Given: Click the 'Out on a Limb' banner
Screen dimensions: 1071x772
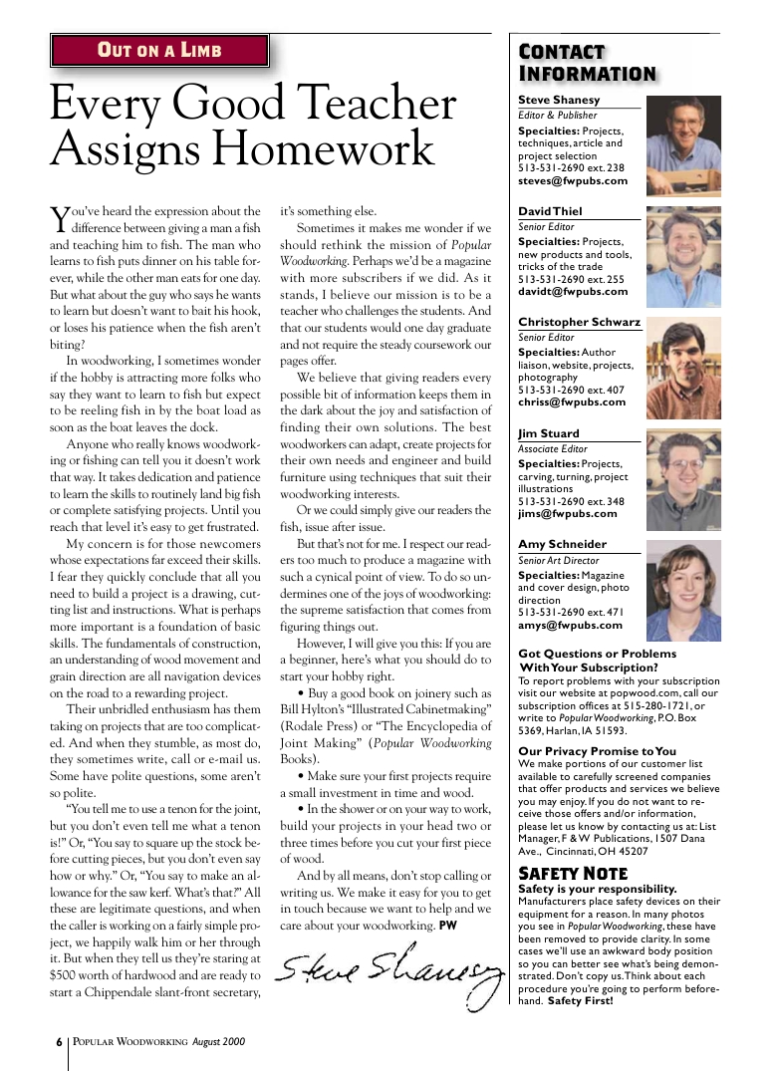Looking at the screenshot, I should (159, 51).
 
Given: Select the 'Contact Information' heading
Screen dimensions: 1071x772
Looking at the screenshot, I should (587, 63).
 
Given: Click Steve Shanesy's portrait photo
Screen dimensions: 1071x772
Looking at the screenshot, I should (682, 145).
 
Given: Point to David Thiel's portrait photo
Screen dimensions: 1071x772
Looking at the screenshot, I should (682, 256).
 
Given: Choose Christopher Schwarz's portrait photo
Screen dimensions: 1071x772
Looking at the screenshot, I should (682, 367).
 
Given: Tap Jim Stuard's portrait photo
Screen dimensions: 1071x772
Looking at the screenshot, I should (682, 478).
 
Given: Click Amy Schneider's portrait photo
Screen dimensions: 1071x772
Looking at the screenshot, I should (682, 590).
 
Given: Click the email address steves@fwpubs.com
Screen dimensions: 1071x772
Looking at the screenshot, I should (573, 181).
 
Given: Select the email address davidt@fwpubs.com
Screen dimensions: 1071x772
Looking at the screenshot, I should (573, 292).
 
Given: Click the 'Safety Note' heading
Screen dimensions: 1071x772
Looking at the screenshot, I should (573, 874).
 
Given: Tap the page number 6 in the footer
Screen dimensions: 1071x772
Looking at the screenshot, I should (59, 1041).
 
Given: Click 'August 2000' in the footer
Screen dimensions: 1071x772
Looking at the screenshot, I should (219, 1041).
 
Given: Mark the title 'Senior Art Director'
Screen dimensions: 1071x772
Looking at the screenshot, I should (560, 560).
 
